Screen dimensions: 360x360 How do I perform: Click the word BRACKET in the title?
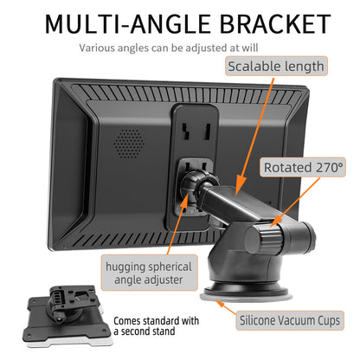coord(275,23)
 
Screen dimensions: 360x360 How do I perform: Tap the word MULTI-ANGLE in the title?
coord(127,23)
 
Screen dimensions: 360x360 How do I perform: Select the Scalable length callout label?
coord(276,67)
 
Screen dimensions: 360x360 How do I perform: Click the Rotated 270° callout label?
coord(303,167)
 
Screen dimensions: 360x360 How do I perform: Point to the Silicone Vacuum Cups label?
coord(290,320)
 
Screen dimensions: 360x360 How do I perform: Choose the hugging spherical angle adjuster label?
coord(149,273)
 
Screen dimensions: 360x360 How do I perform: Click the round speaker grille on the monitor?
coord(129,144)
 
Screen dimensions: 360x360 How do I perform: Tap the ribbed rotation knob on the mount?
coord(263,239)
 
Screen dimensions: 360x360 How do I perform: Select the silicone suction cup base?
coord(246,293)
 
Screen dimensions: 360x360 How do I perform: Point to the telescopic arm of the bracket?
coord(231,203)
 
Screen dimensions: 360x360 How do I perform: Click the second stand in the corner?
coord(67,316)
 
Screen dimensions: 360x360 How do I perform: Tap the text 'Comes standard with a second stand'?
coord(156,326)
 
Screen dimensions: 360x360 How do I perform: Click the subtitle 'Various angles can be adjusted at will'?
coord(169,48)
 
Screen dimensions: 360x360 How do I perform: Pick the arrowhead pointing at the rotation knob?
coord(274,222)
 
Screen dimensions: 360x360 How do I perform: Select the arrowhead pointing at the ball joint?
coord(183,202)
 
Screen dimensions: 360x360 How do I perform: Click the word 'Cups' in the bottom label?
coord(329,321)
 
